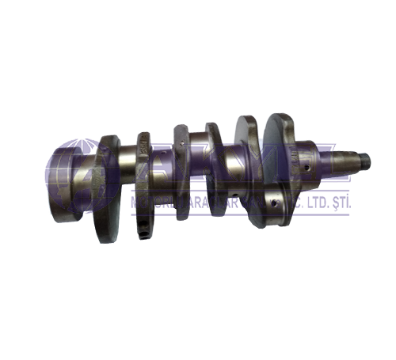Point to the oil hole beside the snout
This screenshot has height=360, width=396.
tap(304, 168)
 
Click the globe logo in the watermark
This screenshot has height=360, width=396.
tap(75, 178)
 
